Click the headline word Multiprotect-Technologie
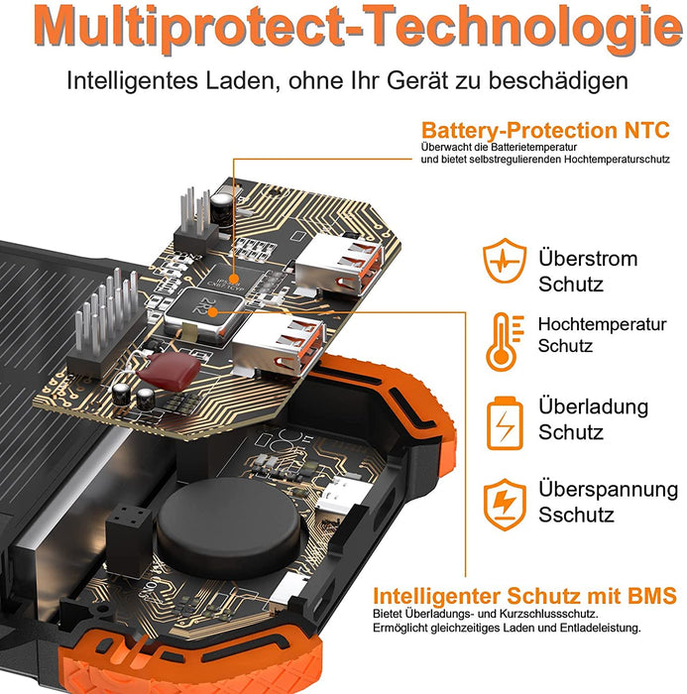[358, 28]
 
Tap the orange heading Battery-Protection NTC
[545, 131]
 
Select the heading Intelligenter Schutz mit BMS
[525, 596]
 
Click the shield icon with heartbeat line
[505, 260]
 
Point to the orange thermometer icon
[504, 341]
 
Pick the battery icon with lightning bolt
[505, 422]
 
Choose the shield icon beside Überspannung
[505, 504]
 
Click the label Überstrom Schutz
[588, 271]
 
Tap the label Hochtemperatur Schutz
[602, 335]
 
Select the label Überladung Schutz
[593, 418]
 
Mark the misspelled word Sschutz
[576, 515]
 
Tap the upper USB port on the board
[339, 265]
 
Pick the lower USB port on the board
[278, 344]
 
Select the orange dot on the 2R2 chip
[213, 312]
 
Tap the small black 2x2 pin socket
[130, 541]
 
